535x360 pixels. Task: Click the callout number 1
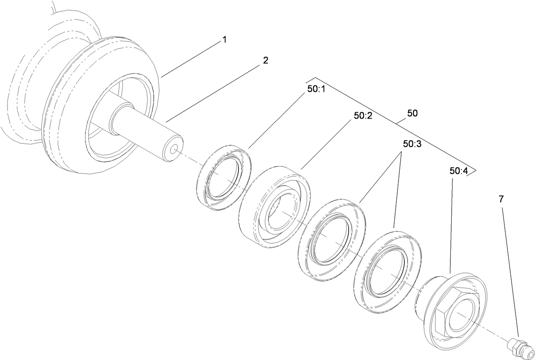coord(224,40)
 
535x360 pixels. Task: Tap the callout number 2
coord(265,60)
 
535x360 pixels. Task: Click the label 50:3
coord(412,144)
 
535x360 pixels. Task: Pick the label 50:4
coord(458,171)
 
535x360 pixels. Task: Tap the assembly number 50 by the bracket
coord(412,113)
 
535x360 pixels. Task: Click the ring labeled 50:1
coord(223,177)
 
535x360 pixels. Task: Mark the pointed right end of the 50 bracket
coord(475,171)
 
